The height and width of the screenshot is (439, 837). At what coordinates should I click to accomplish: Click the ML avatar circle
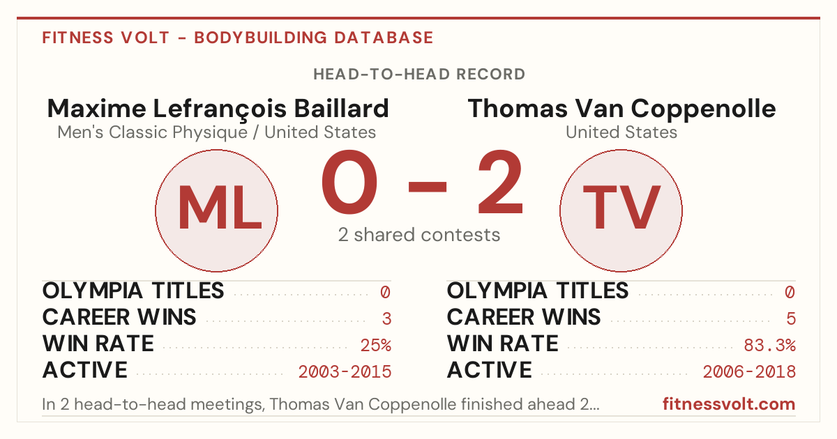[216, 210]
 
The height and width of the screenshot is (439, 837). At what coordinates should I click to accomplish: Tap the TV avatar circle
[621, 210]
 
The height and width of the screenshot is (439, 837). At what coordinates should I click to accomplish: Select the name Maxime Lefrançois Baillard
[218, 109]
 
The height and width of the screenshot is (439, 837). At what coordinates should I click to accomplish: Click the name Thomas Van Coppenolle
[621, 109]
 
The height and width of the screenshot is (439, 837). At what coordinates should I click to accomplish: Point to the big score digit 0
[349, 182]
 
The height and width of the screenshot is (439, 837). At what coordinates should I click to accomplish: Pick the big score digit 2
[500, 182]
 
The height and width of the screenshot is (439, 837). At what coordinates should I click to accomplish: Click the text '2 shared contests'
[419, 235]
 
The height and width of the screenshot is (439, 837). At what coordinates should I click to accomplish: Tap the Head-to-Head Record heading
[419, 74]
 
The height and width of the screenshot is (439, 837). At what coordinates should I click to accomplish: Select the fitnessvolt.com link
[729, 404]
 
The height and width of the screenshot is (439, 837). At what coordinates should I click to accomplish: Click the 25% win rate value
[376, 346]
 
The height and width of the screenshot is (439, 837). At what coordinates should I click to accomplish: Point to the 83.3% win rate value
[770, 346]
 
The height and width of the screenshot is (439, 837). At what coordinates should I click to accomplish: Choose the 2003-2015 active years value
[345, 372]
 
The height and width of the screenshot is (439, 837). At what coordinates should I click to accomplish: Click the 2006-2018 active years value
[749, 372]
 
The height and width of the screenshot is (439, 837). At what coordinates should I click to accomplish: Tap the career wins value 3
[386, 319]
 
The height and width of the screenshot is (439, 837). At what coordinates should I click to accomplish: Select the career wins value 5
[791, 319]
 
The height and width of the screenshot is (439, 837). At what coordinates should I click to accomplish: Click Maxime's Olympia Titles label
[133, 291]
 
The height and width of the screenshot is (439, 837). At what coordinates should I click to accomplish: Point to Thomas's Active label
[489, 370]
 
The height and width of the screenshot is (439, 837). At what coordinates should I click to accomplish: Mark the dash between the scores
[428, 187]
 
